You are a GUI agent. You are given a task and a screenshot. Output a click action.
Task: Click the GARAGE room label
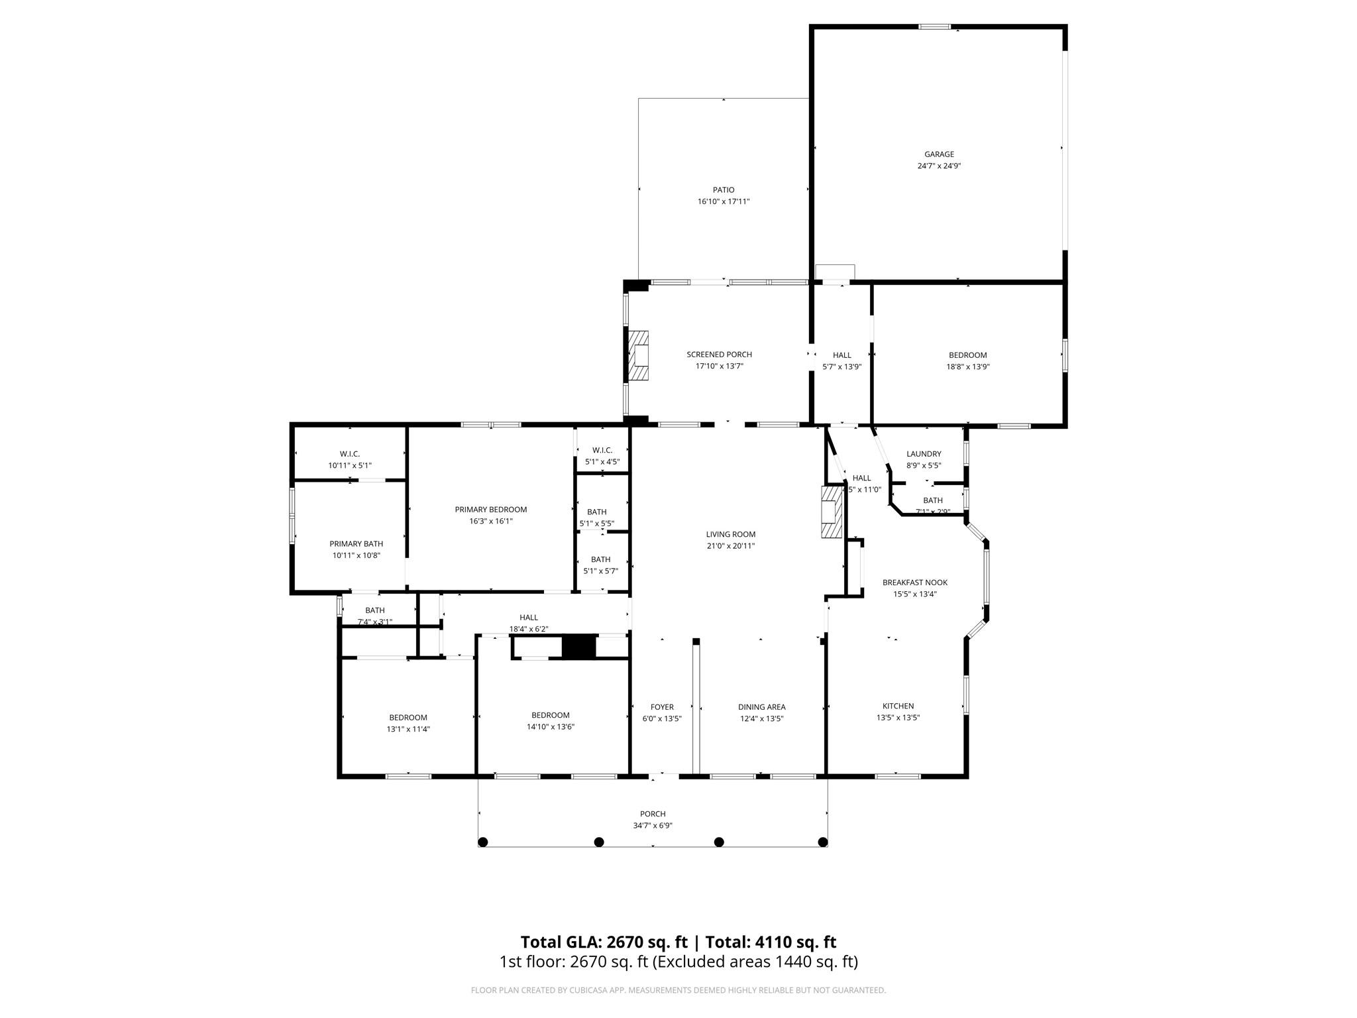pos(939,154)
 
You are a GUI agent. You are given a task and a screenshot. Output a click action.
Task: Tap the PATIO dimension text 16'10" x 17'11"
pos(723,201)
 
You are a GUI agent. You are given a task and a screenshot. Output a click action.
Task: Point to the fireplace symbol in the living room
pos(831,512)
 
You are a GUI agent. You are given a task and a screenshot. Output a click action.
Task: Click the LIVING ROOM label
pos(730,534)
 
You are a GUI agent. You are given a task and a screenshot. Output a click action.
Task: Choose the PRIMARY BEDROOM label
pos(490,510)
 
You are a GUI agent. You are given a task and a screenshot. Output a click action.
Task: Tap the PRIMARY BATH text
pos(356,544)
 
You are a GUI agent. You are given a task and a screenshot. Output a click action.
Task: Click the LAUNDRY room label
pos(923,454)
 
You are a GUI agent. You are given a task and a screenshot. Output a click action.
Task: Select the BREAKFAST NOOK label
pos(914,583)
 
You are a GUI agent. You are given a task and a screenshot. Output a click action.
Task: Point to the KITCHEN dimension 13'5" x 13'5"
pos(898,718)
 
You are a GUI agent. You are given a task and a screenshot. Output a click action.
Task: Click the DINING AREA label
pos(761,707)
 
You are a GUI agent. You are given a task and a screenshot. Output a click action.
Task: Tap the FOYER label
pos(661,707)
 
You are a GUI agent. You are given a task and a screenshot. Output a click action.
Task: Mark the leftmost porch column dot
pos(483,842)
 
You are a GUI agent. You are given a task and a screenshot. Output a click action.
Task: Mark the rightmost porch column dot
pos(823,842)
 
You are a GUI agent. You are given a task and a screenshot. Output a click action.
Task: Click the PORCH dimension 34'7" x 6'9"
pos(653,826)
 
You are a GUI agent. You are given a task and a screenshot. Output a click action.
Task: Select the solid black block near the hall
pos(578,646)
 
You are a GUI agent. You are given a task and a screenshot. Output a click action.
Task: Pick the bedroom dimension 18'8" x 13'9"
pos(967,367)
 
